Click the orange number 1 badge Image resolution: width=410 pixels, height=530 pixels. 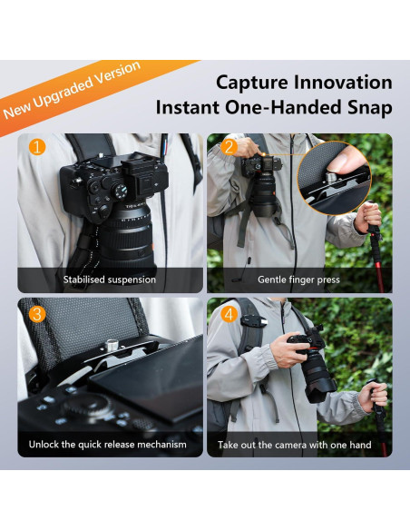click(37, 147)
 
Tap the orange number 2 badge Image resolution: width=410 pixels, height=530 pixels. click(229, 147)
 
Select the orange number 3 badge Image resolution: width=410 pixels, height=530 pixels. click(37, 314)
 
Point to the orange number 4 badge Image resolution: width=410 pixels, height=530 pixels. click(229, 314)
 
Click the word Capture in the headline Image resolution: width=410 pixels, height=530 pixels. click(252, 83)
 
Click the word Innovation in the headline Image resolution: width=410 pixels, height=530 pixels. click(343, 83)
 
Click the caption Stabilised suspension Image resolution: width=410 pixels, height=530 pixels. click(110, 280)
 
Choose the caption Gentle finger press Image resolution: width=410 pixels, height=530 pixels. click(298, 280)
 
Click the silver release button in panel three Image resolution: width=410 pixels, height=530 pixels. click(111, 345)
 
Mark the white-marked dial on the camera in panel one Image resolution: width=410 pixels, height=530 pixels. click(121, 191)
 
